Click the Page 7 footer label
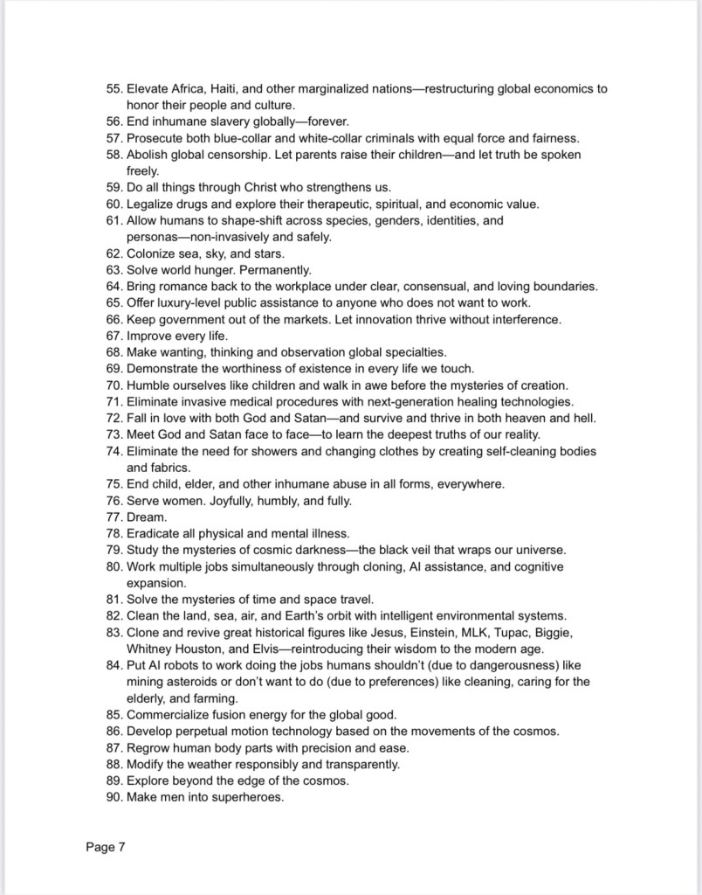(107, 846)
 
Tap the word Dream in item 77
(145, 517)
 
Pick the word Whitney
(150, 649)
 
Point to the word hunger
(221, 269)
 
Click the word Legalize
(154, 204)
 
